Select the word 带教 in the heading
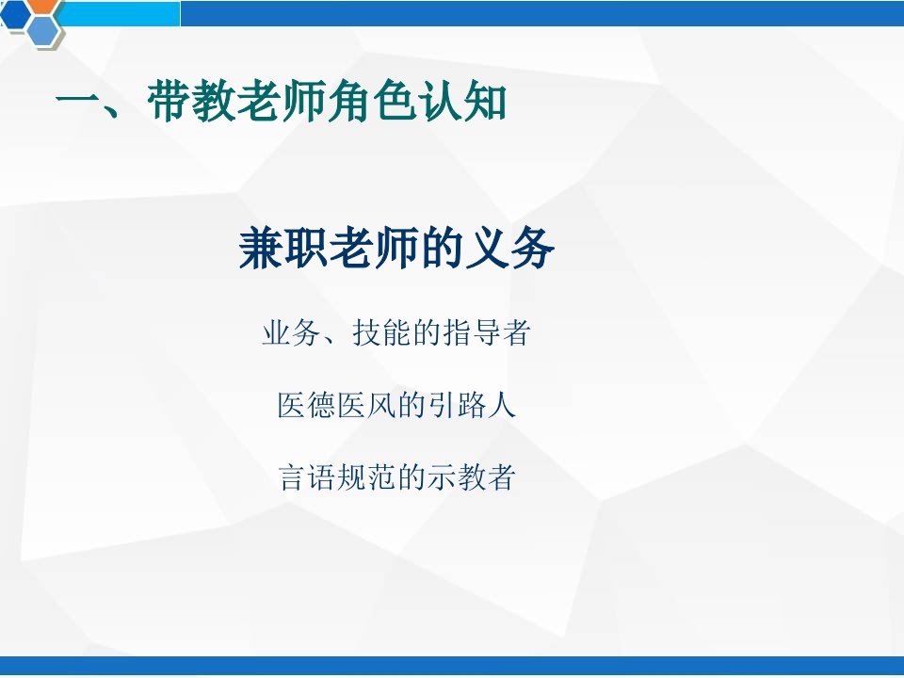coord(192,101)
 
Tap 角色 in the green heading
coord(373,101)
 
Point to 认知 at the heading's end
coord(463,101)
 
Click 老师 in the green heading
coord(282,101)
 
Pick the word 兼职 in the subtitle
coord(283,249)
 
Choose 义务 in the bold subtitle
coord(510,249)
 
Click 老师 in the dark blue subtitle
coord(374,249)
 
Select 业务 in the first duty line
coord(291,333)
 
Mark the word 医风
coord(366,405)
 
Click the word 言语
coord(307,477)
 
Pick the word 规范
coord(366,477)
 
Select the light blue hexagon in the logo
coord(43,30)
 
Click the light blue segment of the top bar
coord(120,14)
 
